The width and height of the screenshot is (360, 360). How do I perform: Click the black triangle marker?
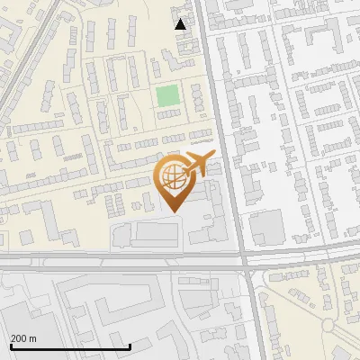pos(181,24)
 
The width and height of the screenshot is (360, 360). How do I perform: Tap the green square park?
pos(167,95)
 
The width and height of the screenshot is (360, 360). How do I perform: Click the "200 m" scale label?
pos(23,338)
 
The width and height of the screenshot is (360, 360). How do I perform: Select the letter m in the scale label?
pos(32,338)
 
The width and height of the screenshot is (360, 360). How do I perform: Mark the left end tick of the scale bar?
pos(10,346)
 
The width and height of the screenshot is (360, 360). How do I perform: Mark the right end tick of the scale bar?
pos(130,346)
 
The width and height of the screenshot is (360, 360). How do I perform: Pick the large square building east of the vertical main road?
pos(267,226)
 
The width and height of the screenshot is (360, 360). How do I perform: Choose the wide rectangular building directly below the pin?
pos(156,233)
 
